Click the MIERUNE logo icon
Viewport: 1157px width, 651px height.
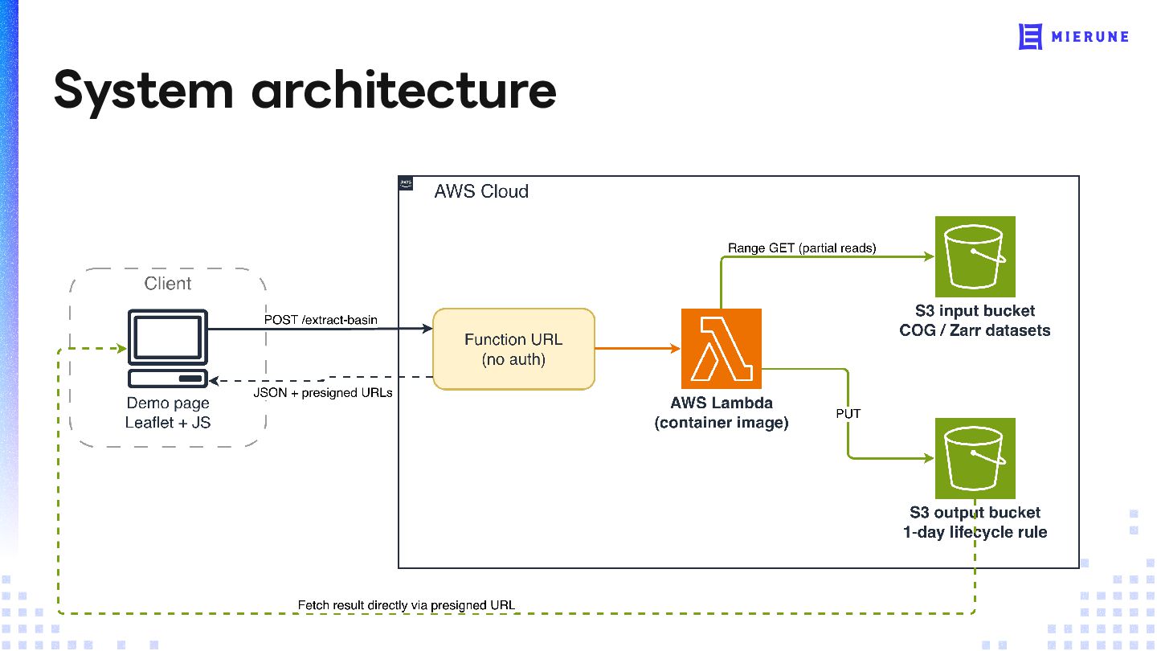(1030, 37)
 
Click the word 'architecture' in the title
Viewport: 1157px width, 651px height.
(404, 91)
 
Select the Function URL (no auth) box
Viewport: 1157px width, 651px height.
(513, 350)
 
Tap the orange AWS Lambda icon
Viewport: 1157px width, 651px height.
(721, 349)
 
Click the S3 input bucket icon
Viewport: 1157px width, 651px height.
(975, 257)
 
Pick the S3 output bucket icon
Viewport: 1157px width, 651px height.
(975, 458)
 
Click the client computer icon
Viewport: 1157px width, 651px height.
(168, 348)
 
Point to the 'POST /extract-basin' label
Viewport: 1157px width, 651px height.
(321, 320)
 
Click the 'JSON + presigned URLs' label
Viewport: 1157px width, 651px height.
(323, 393)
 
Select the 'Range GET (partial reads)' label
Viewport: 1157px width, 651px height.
(802, 248)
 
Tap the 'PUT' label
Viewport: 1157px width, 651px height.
(848, 414)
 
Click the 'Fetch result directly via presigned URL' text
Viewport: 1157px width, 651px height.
(407, 605)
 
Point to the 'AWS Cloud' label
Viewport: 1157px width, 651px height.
(481, 191)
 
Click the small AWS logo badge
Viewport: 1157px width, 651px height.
(406, 183)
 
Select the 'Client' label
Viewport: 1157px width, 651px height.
(168, 283)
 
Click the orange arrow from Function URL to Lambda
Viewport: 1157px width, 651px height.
(637, 349)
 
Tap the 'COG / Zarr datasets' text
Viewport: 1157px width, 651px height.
(975, 330)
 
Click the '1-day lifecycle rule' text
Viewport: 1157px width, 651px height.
(975, 532)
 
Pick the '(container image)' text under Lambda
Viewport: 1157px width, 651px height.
(721, 423)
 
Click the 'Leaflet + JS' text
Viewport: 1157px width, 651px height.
(168, 423)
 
